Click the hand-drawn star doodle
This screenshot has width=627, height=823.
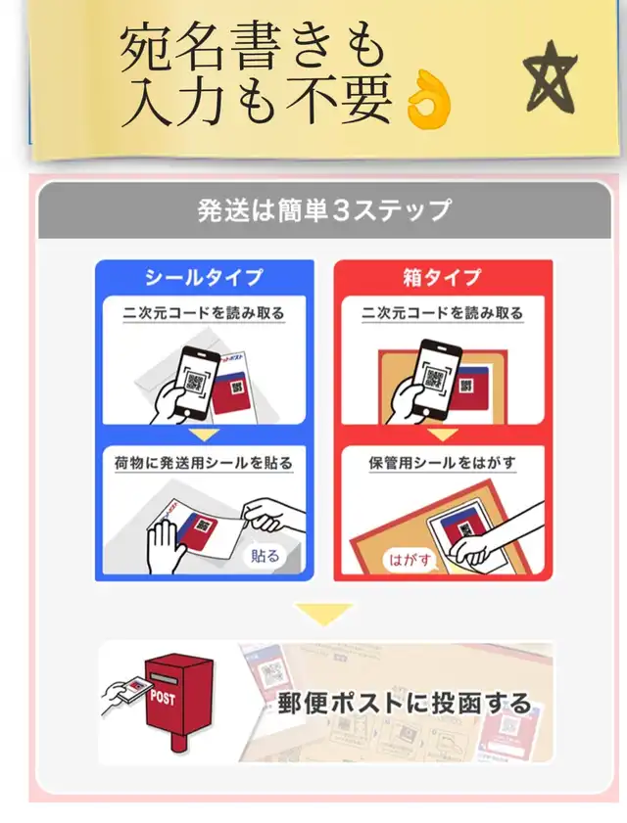(x=551, y=78)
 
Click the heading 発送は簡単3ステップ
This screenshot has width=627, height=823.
(x=324, y=210)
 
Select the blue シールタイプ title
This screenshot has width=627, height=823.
(x=204, y=277)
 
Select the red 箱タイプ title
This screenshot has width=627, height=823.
(x=443, y=277)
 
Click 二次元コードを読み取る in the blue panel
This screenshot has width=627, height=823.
(x=204, y=313)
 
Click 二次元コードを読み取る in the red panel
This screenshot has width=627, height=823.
(x=443, y=313)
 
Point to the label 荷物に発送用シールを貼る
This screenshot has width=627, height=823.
(x=204, y=463)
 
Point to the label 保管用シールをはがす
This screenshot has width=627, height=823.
(x=443, y=463)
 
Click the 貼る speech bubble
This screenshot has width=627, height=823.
(x=265, y=555)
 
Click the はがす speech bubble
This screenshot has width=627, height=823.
(x=410, y=560)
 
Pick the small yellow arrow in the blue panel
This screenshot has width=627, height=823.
(x=205, y=434)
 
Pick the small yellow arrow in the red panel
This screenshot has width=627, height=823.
(x=443, y=434)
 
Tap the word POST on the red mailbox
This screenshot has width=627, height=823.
(x=163, y=698)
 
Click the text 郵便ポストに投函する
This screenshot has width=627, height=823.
(x=404, y=704)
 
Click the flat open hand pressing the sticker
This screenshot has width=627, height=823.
(x=165, y=546)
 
